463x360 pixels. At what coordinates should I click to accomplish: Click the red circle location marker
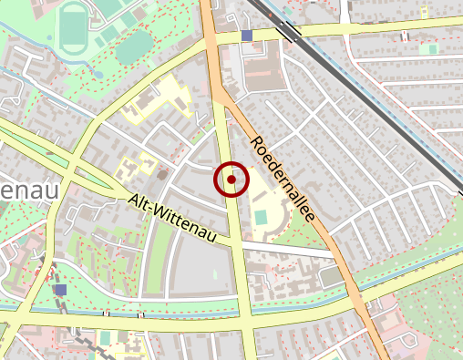(x=231, y=180)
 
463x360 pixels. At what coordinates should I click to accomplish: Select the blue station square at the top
(x=247, y=36)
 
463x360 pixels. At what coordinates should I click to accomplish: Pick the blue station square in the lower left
(x=60, y=290)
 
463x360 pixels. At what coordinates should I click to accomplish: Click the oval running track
(x=71, y=27)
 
